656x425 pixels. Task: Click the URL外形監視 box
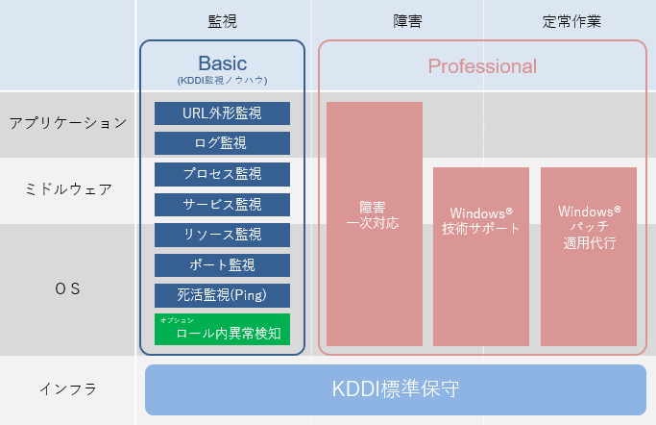(222, 113)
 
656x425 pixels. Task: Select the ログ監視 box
(222, 143)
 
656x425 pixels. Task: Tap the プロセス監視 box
(222, 174)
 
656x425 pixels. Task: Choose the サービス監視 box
(222, 204)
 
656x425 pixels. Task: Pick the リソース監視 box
(222, 235)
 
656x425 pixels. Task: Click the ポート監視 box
(222, 264)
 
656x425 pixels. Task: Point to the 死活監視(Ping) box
(222, 295)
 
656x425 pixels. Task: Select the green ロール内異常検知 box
(222, 329)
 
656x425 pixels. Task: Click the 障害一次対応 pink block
(374, 223)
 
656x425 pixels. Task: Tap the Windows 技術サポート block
(480, 256)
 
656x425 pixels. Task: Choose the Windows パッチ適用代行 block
(589, 256)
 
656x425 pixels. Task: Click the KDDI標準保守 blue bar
(395, 389)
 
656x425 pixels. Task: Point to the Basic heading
(222, 63)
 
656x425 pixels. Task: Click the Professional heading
(482, 66)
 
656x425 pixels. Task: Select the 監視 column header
(222, 21)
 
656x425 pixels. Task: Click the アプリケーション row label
(67, 123)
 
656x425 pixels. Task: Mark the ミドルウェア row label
(67, 189)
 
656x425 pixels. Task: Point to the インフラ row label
(67, 389)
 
